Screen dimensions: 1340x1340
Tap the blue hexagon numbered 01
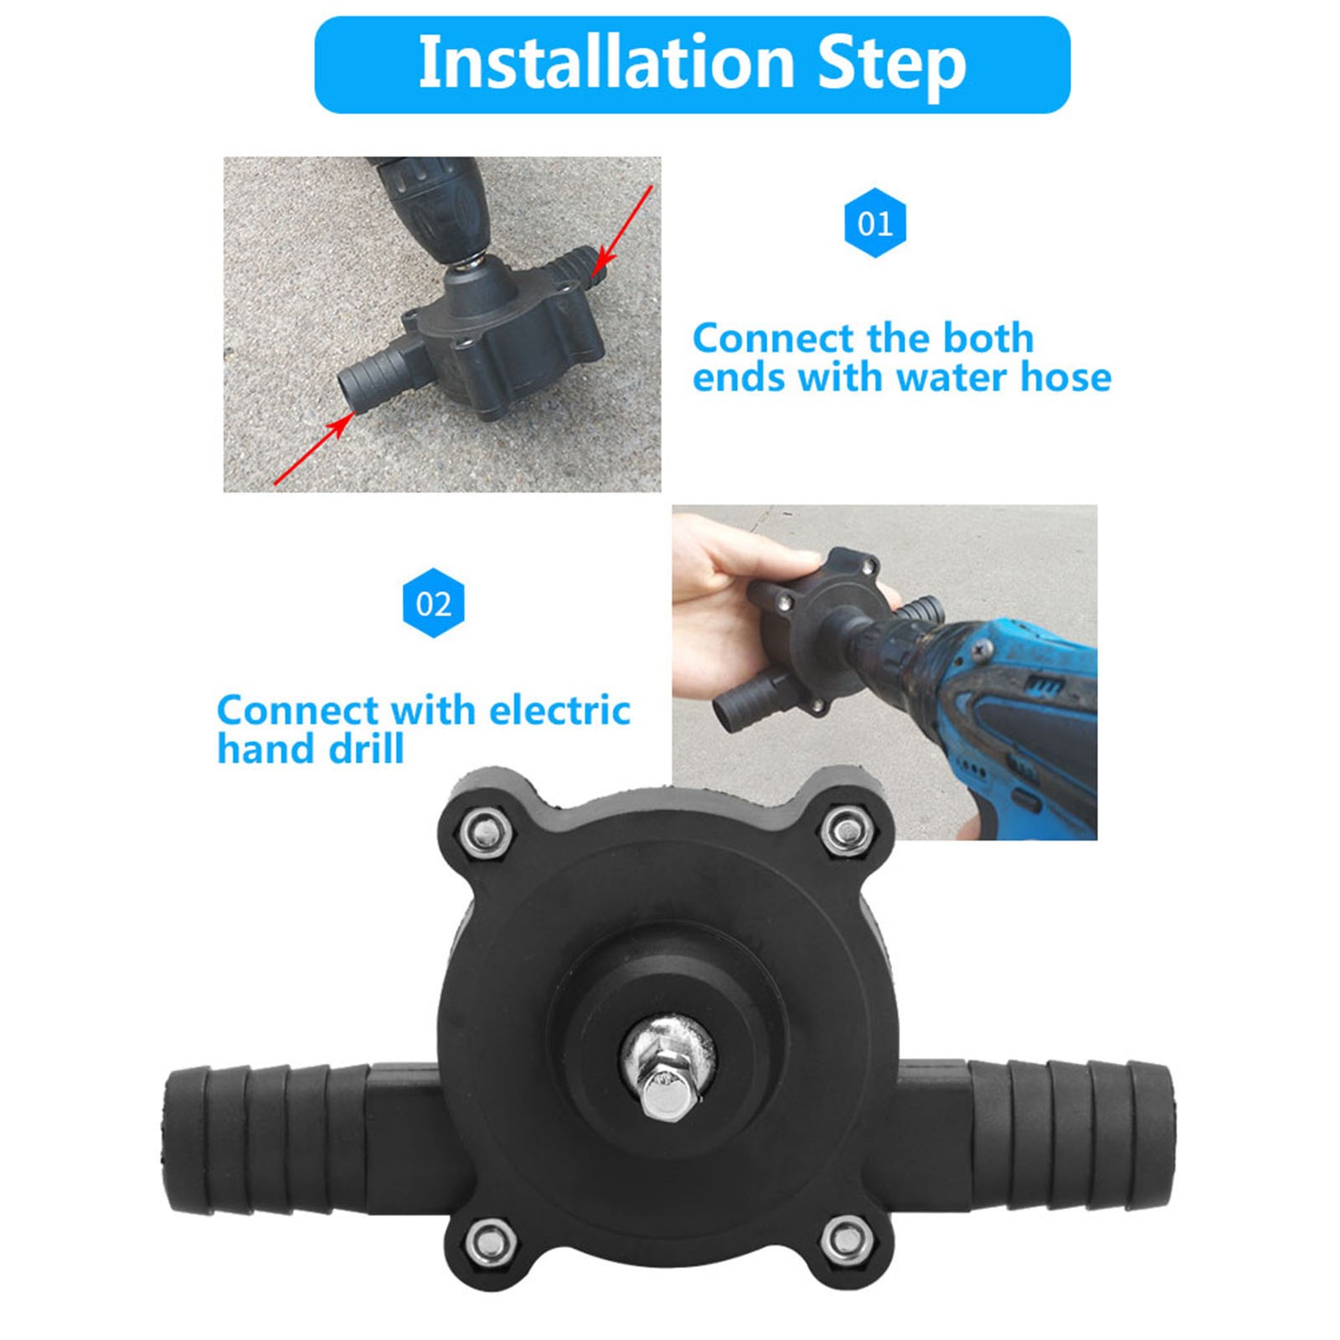875,223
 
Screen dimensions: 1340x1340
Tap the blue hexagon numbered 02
434,603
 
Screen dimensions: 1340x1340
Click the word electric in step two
559,710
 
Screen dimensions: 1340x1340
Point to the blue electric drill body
1013,720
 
